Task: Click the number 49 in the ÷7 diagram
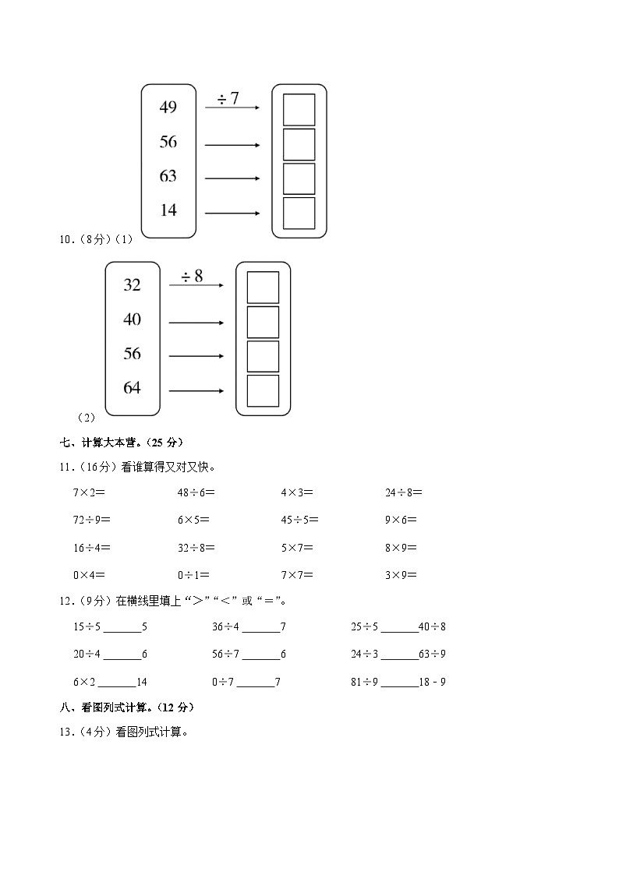pos(168,108)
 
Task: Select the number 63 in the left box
pos(168,176)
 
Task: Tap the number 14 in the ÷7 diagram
pos(168,210)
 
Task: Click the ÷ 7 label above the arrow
pos(228,98)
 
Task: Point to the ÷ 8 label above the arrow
pos(192,276)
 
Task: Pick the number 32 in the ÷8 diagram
pos(132,285)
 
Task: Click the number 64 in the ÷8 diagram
pos(132,388)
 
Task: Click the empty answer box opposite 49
pos(299,110)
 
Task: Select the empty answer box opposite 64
pos(263,390)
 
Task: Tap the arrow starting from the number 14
pos(232,213)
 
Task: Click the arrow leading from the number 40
pos(196,323)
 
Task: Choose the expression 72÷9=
pos(92,520)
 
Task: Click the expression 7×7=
pos(297,576)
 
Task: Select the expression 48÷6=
pos(196,492)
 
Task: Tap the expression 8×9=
pos(401,548)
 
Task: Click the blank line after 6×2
pos(116,683)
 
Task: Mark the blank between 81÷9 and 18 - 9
pos(400,683)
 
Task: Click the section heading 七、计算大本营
pos(121,443)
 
